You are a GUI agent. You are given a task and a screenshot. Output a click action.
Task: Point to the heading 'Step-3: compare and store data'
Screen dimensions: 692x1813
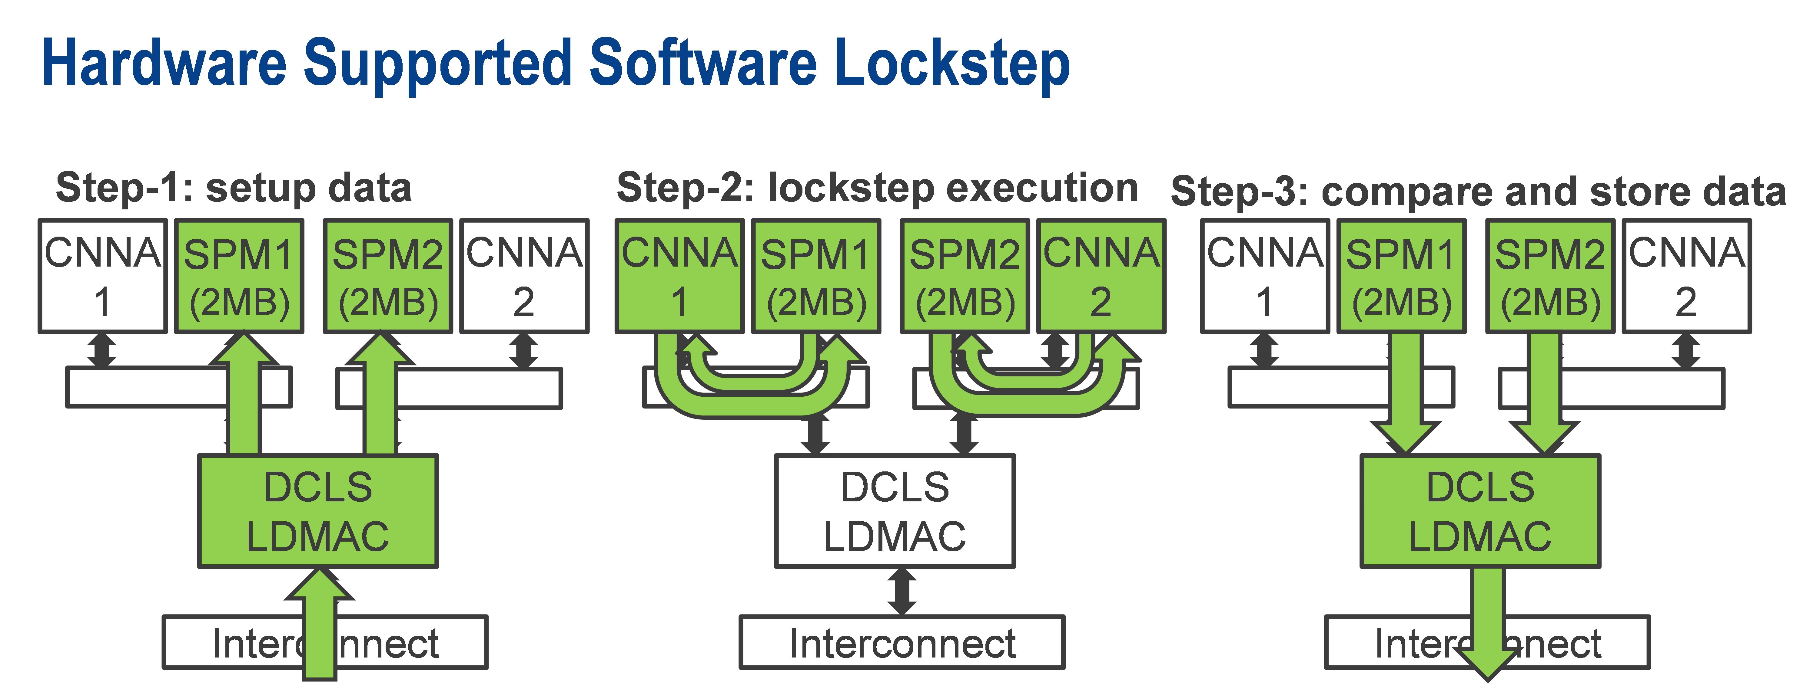[1478, 191]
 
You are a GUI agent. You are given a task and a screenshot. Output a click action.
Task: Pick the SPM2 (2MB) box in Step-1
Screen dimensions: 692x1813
[388, 276]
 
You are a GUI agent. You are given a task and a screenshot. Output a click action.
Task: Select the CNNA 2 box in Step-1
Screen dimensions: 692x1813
[524, 276]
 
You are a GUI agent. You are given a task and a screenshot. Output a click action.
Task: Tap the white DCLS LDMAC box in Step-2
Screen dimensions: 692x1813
[895, 511]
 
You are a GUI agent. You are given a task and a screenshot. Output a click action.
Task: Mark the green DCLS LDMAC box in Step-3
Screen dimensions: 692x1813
[1480, 511]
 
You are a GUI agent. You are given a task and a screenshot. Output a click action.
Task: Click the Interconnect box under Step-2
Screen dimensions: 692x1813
[902, 642]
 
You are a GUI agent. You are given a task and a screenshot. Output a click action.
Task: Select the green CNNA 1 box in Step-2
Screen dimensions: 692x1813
[679, 276]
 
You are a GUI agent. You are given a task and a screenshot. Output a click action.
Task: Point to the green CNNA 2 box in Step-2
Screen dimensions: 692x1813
[1101, 276]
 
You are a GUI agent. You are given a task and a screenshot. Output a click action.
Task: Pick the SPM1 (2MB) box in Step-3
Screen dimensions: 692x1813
[1401, 276]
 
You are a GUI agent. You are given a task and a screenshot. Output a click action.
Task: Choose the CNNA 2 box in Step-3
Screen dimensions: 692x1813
[1686, 276]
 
